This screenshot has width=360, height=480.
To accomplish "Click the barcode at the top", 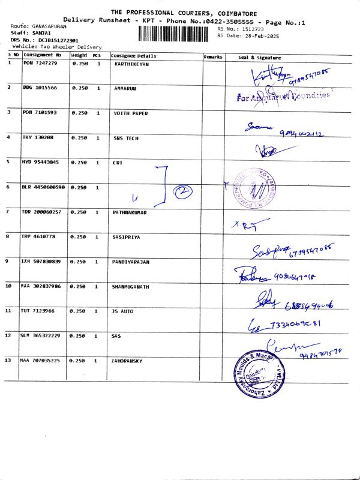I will point(176,32).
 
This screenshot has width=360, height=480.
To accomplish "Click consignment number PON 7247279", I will point(40,63).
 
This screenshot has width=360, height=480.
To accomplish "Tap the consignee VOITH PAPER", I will point(131,113).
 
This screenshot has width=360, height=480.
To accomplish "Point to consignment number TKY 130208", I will point(38,137).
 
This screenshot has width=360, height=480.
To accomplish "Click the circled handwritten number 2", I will point(182,191).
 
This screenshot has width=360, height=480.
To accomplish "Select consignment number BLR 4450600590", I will point(43,187).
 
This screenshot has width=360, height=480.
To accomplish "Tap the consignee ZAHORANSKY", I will point(128,361).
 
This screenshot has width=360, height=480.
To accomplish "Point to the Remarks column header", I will point(213,56).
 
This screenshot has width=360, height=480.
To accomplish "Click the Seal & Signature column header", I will point(260,57).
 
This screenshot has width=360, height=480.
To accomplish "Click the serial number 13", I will point(9,361).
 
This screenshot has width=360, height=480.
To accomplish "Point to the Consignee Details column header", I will point(133,56).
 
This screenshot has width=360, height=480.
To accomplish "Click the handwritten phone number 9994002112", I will point(302,134).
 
